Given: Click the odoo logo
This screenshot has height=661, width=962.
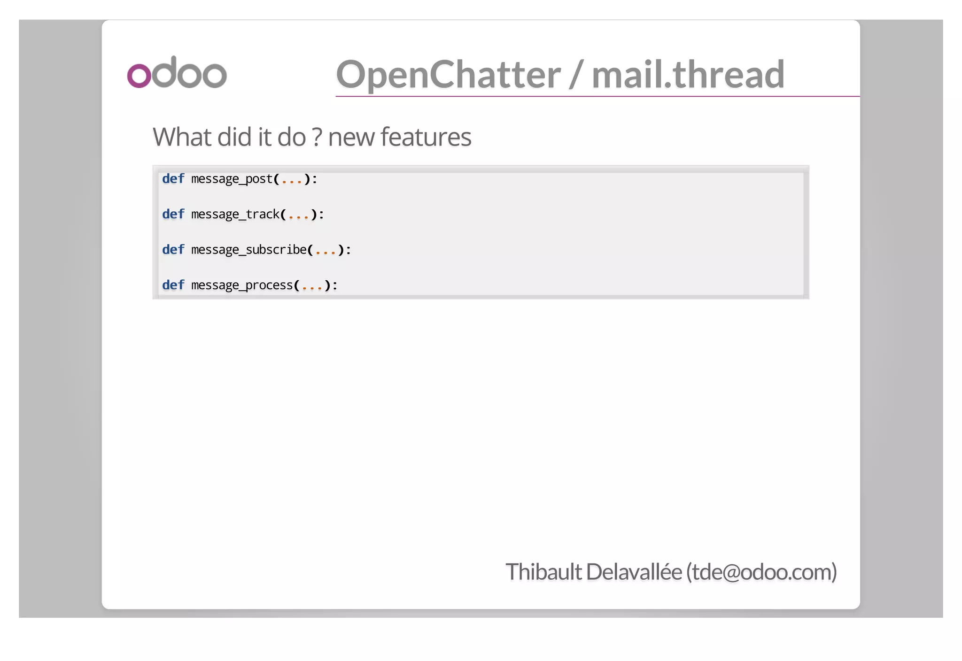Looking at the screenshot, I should [177, 72].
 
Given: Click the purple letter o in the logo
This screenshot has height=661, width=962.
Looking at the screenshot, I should [139, 76].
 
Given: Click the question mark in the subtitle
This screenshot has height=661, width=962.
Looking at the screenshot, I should [317, 137].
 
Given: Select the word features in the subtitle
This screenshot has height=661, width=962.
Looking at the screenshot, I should [426, 137].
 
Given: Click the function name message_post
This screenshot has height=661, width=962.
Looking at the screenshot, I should [232, 179].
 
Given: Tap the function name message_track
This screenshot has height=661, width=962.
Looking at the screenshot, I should [235, 215].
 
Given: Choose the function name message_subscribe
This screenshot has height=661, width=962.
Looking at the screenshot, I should [249, 250].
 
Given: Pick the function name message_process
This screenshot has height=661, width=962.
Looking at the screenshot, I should [242, 285].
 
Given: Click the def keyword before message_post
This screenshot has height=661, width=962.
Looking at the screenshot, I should [173, 179].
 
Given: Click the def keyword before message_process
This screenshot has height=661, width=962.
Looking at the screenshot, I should [173, 285].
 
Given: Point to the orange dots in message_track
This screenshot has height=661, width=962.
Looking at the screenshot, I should [298, 216].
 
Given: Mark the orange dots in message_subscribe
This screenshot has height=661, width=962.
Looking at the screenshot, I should [326, 252].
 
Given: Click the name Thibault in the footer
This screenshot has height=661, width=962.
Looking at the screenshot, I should [543, 572].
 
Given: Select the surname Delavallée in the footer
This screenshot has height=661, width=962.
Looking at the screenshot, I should [634, 572].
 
